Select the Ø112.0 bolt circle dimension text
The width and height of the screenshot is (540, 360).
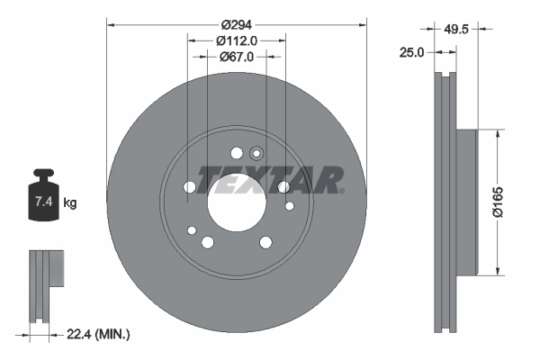[x=238, y=40]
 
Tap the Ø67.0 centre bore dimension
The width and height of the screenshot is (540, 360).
[x=238, y=56]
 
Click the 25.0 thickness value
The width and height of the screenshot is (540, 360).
[x=411, y=53]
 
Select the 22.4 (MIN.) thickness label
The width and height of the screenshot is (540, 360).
[x=99, y=335]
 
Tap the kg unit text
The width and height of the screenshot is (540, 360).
[x=71, y=203]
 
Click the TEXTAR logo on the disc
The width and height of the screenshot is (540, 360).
[x=269, y=179]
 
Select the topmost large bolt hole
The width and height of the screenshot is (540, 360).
[x=237, y=152]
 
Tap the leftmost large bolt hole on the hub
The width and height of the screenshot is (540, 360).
[x=189, y=186]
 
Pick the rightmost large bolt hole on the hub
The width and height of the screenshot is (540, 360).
[x=284, y=186]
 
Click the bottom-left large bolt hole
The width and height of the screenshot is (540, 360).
[x=208, y=241]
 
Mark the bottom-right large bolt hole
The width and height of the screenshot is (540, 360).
[x=266, y=241]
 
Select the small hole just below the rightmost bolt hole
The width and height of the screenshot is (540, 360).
[x=290, y=206]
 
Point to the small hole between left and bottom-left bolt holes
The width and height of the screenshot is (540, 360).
[x=191, y=231]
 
